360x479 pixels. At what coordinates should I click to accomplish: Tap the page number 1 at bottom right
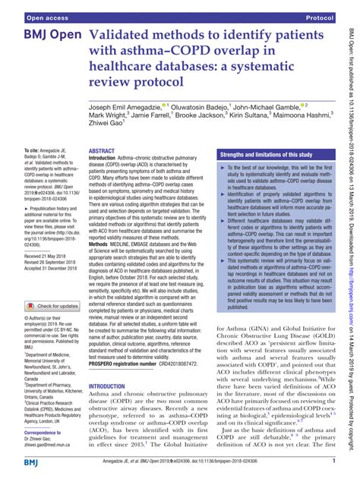pos(333,462)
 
